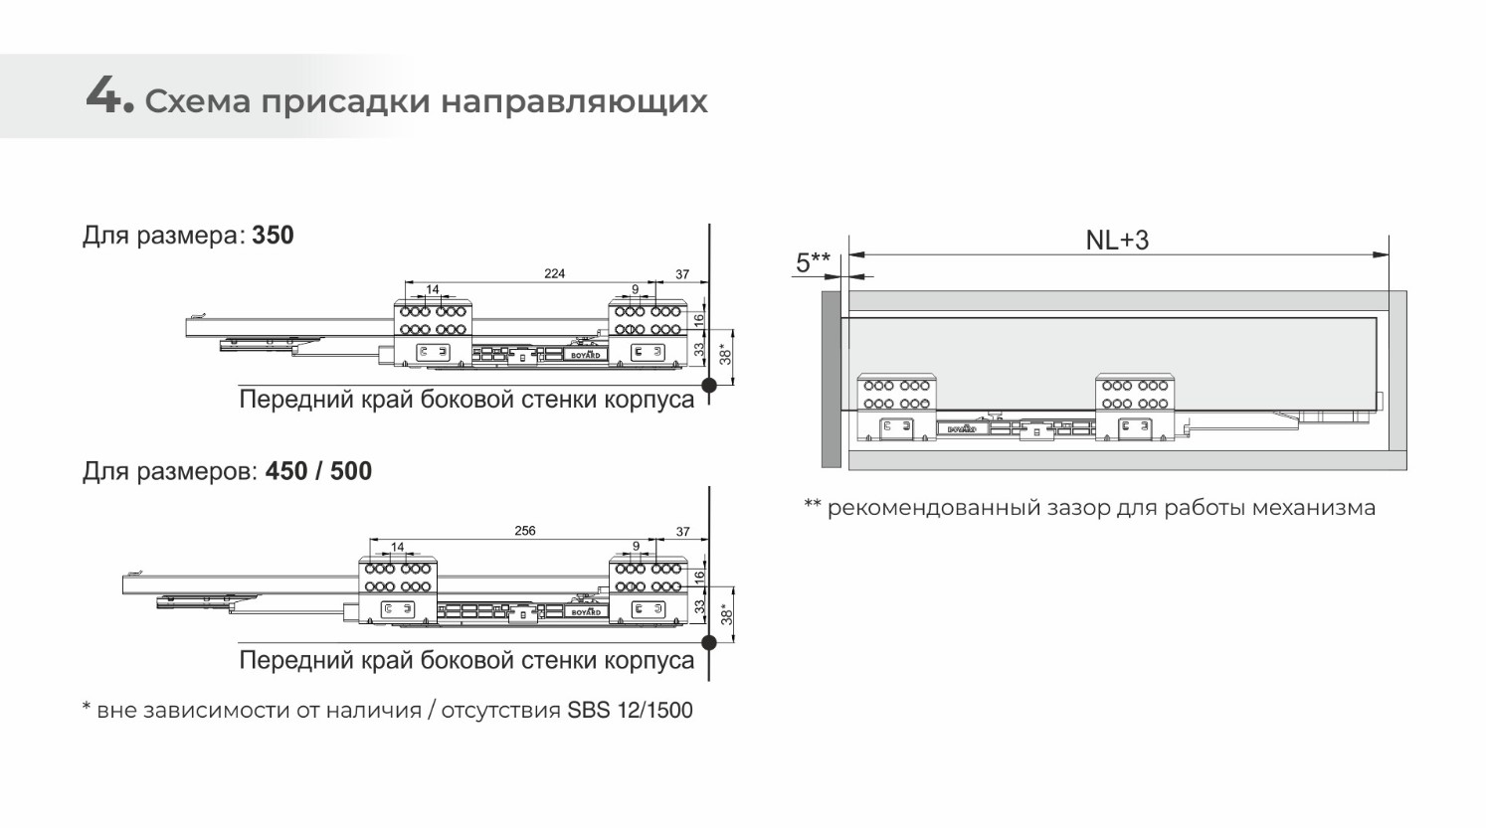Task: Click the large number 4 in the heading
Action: point(104,96)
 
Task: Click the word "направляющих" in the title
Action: point(575,102)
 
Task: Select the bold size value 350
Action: point(273,236)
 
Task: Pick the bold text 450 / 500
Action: point(318,471)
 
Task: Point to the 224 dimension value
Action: point(555,273)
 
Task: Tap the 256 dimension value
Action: point(525,531)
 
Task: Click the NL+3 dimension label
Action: point(1117,240)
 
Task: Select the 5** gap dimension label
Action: point(813,262)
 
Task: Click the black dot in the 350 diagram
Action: point(709,385)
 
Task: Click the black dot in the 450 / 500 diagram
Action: point(709,642)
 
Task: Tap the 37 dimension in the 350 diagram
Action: point(682,274)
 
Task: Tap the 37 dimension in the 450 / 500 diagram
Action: point(682,532)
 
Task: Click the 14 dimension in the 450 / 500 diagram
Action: point(398,547)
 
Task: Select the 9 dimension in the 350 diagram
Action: point(635,289)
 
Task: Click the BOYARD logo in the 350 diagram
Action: point(586,355)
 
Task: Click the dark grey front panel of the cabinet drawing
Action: point(832,379)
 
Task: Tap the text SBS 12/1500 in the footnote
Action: point(631,710)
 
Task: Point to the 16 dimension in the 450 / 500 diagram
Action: point(699,578)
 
